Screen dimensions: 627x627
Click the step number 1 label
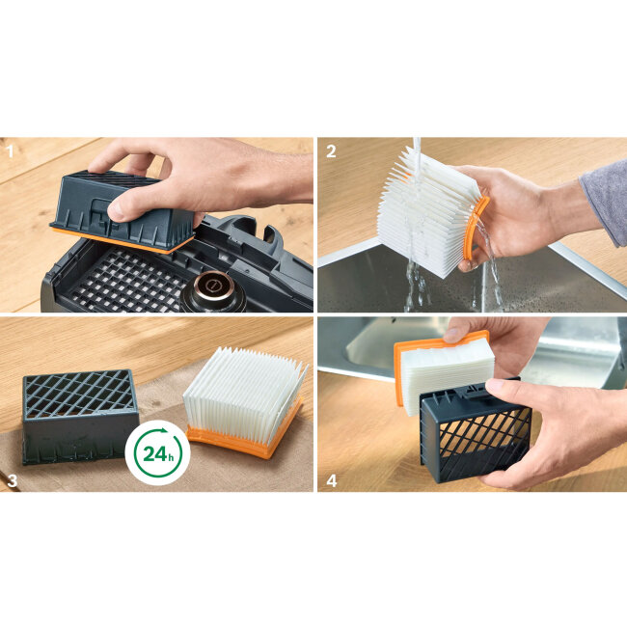pos(10,151)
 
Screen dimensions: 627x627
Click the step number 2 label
pos(331,151)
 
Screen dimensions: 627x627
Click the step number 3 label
pos(13,480)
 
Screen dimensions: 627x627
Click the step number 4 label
pos(332,480)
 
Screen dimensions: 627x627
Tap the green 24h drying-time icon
pos(157,452)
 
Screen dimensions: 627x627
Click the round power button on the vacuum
pos(212,288)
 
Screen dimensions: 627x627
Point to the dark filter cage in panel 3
pos(79,417)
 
